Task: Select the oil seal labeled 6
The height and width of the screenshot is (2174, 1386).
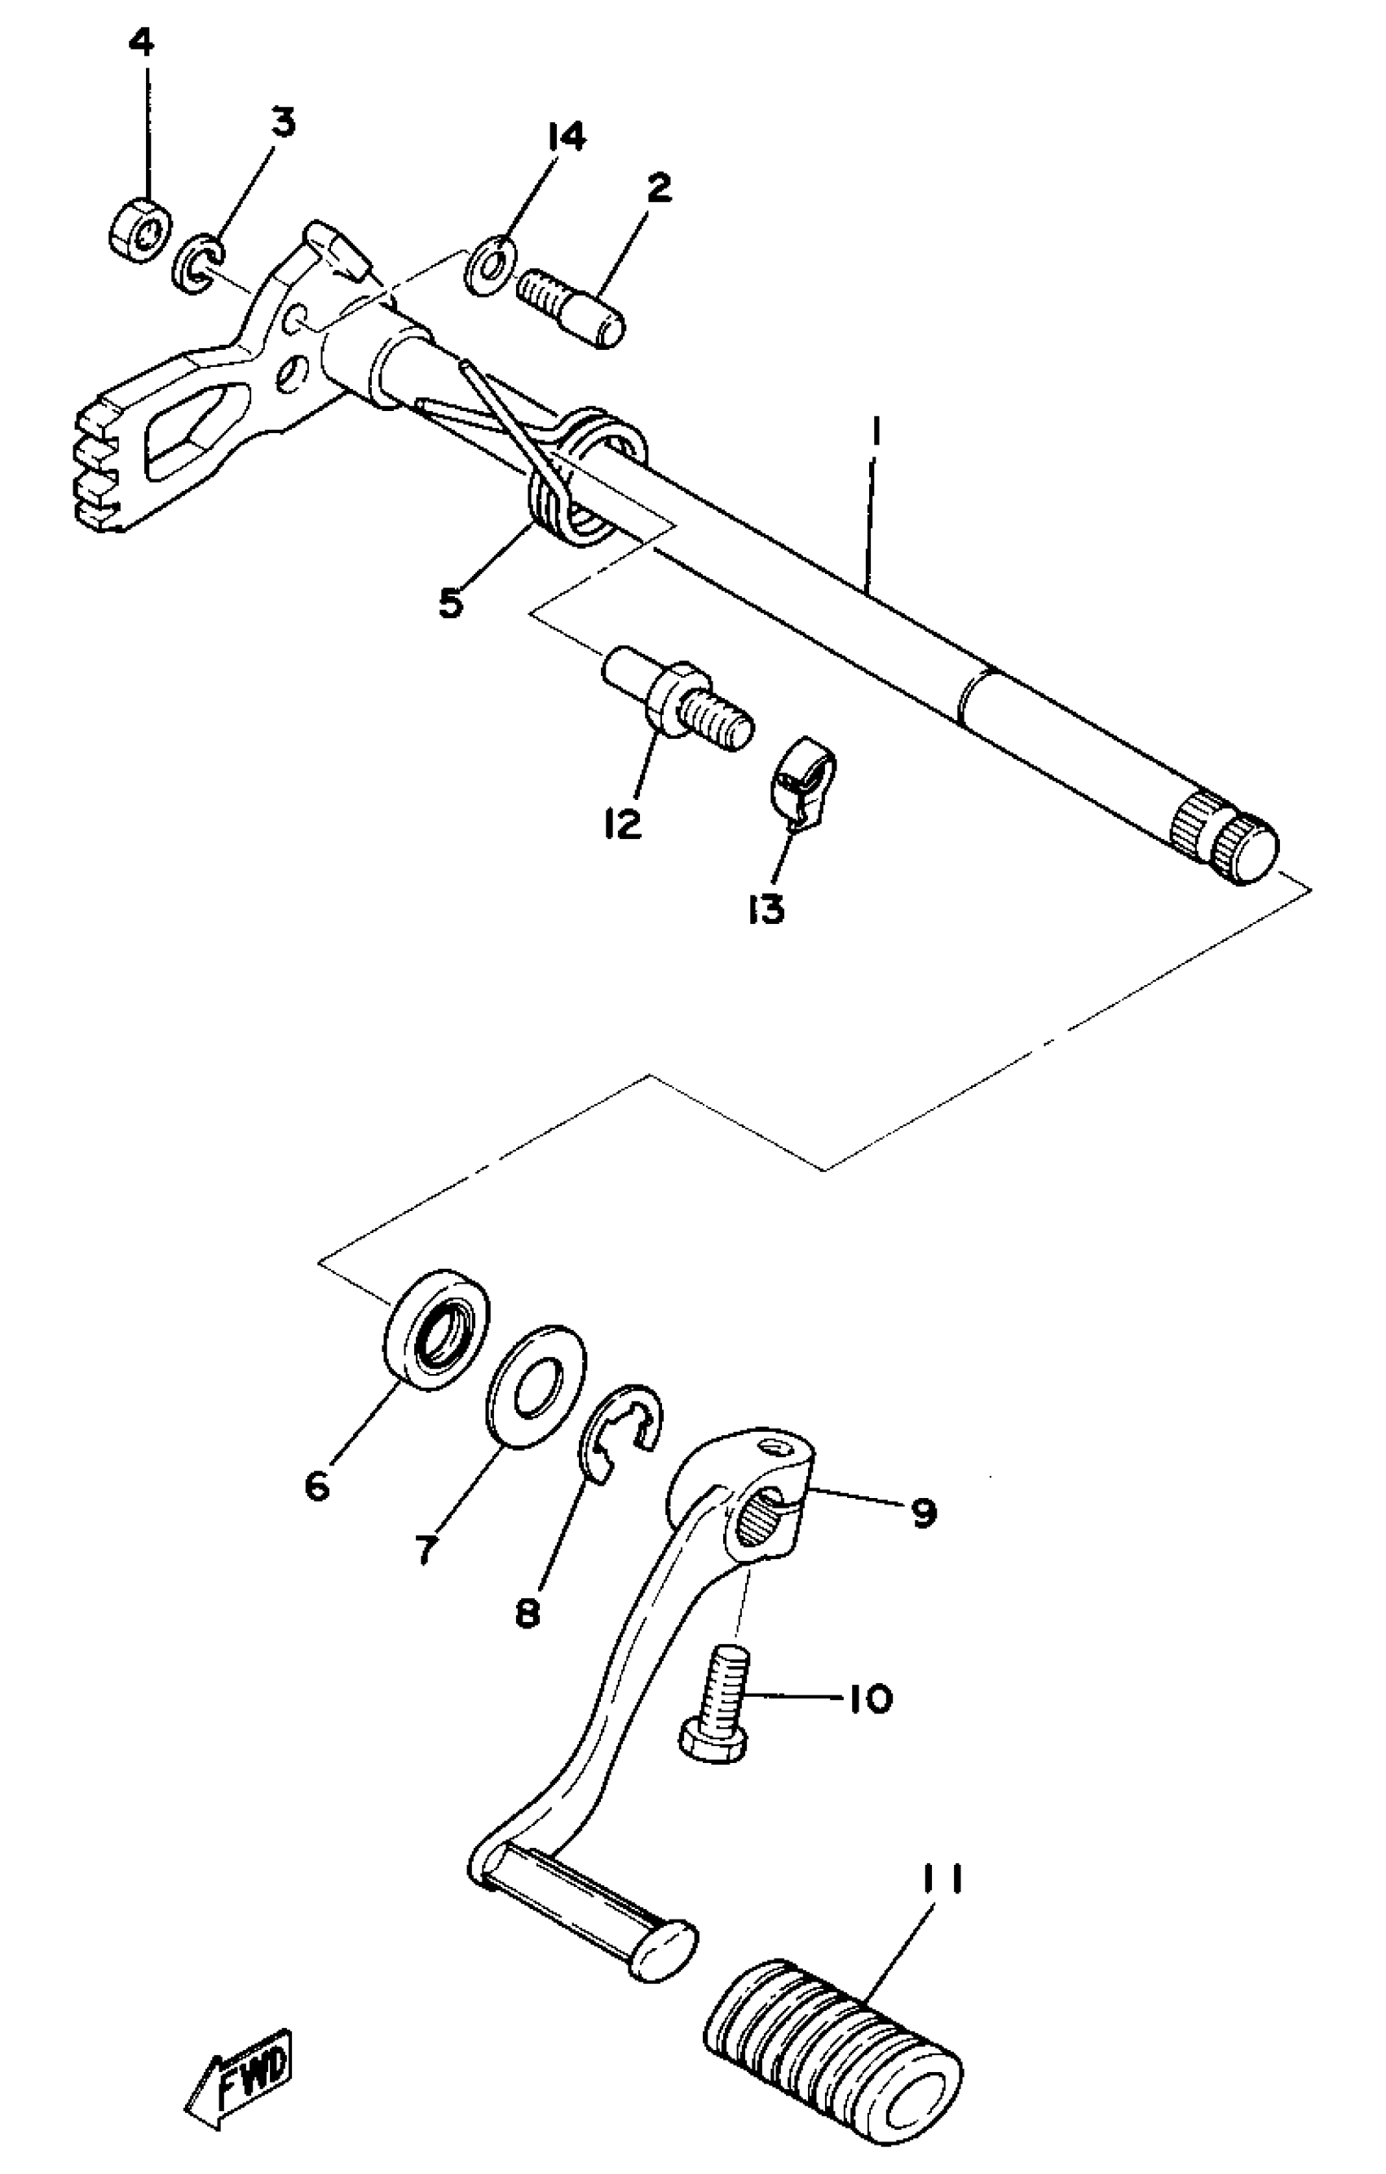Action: pos(437,1328)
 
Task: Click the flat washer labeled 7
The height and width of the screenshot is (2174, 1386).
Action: pos(536,1387)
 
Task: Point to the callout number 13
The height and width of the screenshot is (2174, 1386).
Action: pos(766,910)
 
